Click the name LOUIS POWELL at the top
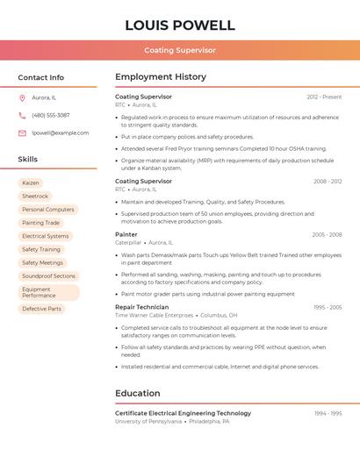click(180, 25)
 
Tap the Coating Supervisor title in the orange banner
click(180, 51)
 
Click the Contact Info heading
click(40, 77)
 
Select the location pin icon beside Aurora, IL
click(22, 97)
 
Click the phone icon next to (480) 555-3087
click(22, 115)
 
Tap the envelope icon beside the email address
click(22, 133)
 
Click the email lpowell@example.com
click(60, 133)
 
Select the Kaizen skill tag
click(31, 182)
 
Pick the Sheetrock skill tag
click(35, 197)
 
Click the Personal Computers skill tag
click(48, 210)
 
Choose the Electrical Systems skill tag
click(46, 236)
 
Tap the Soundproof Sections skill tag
click(49, 276)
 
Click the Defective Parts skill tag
click(42, 309)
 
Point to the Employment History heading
click(161, 77)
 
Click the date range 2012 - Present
click(324, 97)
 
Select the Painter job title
click(126, 234)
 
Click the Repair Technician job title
click(141, 307)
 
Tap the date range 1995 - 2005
click(328, 307)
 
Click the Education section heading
click(138, 393)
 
